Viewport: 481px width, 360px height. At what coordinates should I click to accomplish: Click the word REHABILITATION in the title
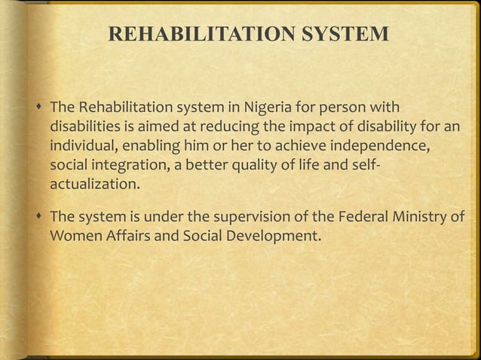click(x=196, y=35)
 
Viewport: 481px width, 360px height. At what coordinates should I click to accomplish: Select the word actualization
click(x=94, y=182)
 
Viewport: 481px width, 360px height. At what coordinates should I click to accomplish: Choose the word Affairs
click(x=127, y=238)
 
